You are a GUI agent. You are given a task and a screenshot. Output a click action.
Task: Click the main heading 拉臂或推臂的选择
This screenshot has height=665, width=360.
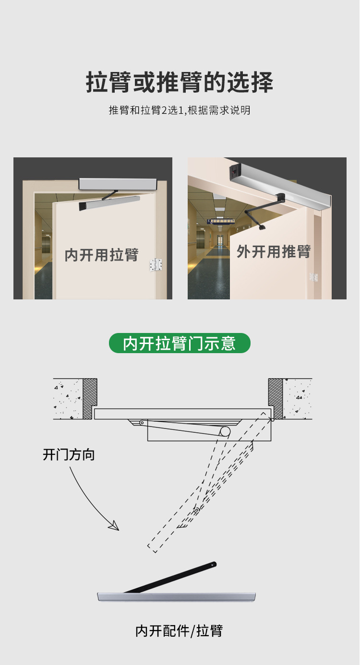(180, 82)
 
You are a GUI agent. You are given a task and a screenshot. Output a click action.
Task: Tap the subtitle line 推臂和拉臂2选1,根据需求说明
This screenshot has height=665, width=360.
(180, 110)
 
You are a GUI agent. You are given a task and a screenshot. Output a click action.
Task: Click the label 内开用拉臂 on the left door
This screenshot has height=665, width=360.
(102, 255)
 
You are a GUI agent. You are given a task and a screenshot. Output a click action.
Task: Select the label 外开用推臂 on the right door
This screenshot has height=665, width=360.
(274, 252)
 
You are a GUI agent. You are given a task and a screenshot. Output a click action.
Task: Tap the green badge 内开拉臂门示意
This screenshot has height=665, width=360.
(180, 343)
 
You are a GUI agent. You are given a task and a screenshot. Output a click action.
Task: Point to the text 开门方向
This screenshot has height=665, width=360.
(69, 455)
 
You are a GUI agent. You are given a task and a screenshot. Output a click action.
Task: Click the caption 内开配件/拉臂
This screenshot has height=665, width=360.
(179, 631)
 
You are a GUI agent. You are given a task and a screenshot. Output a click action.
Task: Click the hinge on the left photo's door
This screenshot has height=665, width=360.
(156, 265)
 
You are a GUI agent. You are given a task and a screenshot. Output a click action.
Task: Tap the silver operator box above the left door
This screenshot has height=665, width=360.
(118, 184)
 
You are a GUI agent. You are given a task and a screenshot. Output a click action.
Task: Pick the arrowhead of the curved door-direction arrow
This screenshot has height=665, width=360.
(114, 526)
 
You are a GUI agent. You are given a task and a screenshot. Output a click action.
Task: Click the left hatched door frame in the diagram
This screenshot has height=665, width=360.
(90, 398)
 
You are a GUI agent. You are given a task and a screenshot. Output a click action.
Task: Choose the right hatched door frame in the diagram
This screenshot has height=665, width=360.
(276, 398)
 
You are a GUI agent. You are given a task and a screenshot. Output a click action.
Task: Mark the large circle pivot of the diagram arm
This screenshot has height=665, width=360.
(225, 431)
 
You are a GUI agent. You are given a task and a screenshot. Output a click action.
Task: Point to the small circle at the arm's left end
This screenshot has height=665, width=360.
(142, 422)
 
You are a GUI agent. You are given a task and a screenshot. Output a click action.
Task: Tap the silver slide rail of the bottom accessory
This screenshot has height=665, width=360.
(177, 597)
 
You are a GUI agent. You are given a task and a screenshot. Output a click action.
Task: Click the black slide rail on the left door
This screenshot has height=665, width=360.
(109, 203)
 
